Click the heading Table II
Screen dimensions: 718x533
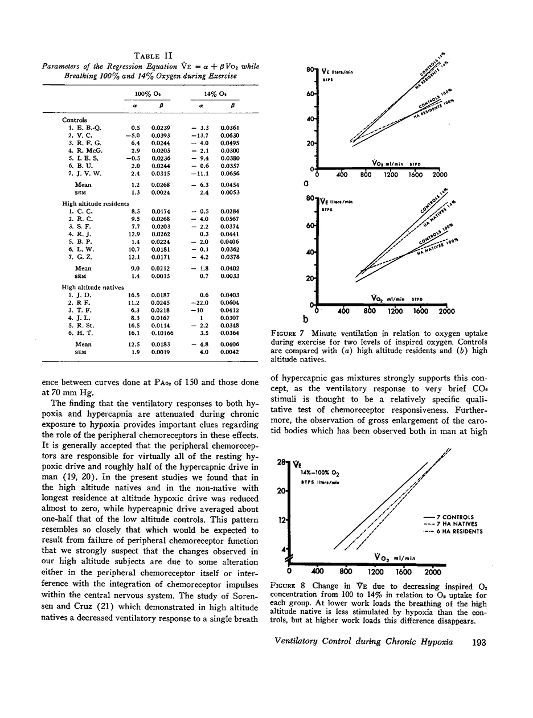(152, 55)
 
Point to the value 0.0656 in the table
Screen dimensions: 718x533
(229, 173)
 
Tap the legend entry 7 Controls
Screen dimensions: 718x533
(458, 518)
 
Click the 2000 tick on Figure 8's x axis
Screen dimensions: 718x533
(433, 572)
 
